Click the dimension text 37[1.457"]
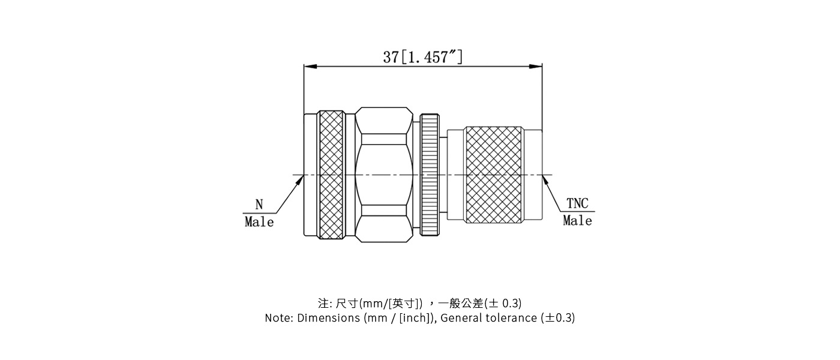[x=423, y=57]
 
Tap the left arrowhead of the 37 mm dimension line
[x=310, y=67]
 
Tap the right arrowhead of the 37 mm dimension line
[x=536, y=67]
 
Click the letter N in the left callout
[x=259, y=204]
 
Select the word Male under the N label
[x=259, y=222]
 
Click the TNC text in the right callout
[x=577, y=203]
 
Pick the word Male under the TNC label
[x=577, y=221]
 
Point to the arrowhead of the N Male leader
[x=300, y=181]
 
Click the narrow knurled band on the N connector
[x=331, y=175]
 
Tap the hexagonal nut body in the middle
[x=384, y=175]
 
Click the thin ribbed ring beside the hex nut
[x=430, y=175]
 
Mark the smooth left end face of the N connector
[x=311, y=175]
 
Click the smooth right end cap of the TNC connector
[x=533, y=175]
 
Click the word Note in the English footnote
[x=278, y=318]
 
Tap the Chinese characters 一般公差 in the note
[x=465, y=303]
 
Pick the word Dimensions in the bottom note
[x=328, y=318]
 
